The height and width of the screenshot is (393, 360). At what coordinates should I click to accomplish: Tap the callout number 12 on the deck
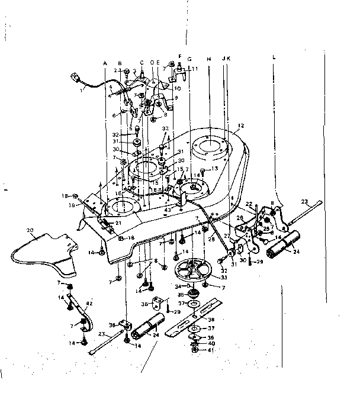[240, 125]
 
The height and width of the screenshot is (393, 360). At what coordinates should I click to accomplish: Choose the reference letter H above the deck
[209, 59]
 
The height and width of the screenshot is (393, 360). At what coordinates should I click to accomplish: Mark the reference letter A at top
[105, 63]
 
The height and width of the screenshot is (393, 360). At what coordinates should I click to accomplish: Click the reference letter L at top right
[274, 59]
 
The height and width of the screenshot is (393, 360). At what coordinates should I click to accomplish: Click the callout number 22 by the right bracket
[249, 204]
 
